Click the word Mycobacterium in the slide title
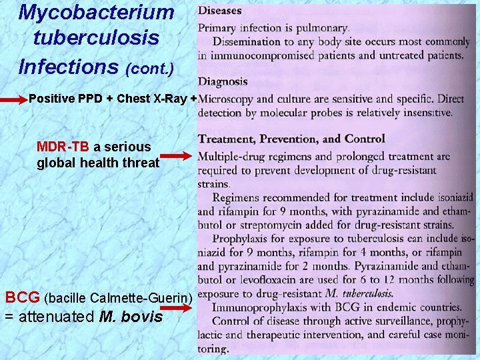96,12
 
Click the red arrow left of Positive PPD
14,99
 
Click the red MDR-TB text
64,147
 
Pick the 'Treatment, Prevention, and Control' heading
291,139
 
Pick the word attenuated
55,317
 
